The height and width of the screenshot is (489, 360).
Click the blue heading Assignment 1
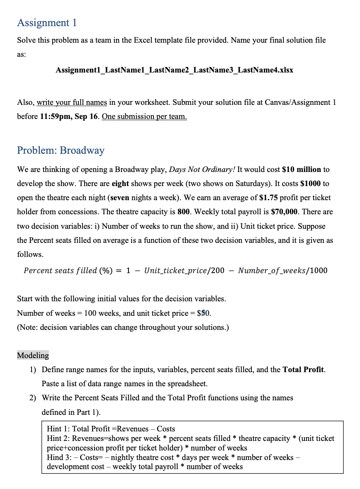pyautogui.click(x=47, y=22)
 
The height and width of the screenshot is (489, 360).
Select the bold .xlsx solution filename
pyautogui.click(x=174, y=70)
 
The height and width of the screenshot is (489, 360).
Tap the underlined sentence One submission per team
pyautogui.click(x=144, y=116)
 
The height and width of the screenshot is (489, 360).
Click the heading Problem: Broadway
pyautogui.click(x=61, y=150)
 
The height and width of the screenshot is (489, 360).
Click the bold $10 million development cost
pyautogui.click(x=302, y=169)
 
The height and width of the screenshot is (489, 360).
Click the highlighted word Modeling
pyautogui.click(x=33, y=355)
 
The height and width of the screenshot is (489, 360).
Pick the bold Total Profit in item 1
pyautogui.click(x=303, y=369)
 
